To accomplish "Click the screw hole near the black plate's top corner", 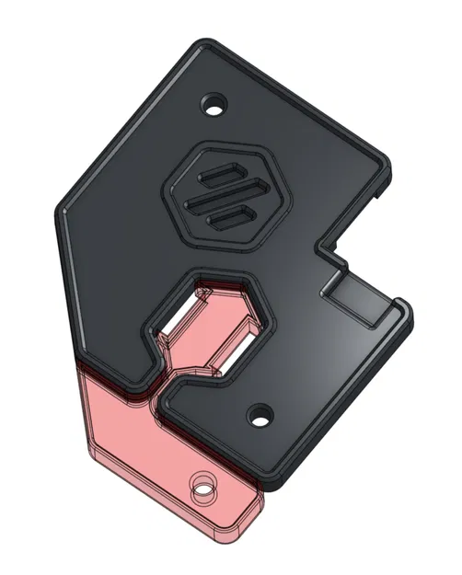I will coord(214,105).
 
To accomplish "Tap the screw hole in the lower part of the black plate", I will coord(260,415).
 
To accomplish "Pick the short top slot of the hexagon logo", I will coord(222,174).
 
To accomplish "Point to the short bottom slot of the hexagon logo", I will coord(231,218).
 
